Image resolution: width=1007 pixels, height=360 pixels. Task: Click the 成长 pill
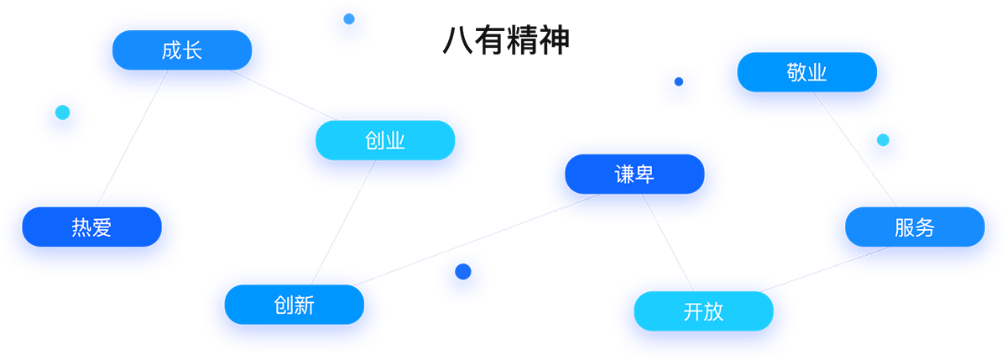pos(182,52)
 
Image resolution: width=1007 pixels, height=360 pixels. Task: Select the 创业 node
pos(385,140)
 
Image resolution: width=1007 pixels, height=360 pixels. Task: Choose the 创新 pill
pos(294,305)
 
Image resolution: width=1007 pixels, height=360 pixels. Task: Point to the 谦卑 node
pos(634,175)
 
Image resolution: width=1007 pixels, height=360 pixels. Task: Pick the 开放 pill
pos(703,312)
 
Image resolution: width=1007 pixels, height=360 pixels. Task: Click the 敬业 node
pos(807,73)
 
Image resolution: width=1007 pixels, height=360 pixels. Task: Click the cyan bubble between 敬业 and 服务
pos(882,141)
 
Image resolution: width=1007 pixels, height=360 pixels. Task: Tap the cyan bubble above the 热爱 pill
pos(61,112)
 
